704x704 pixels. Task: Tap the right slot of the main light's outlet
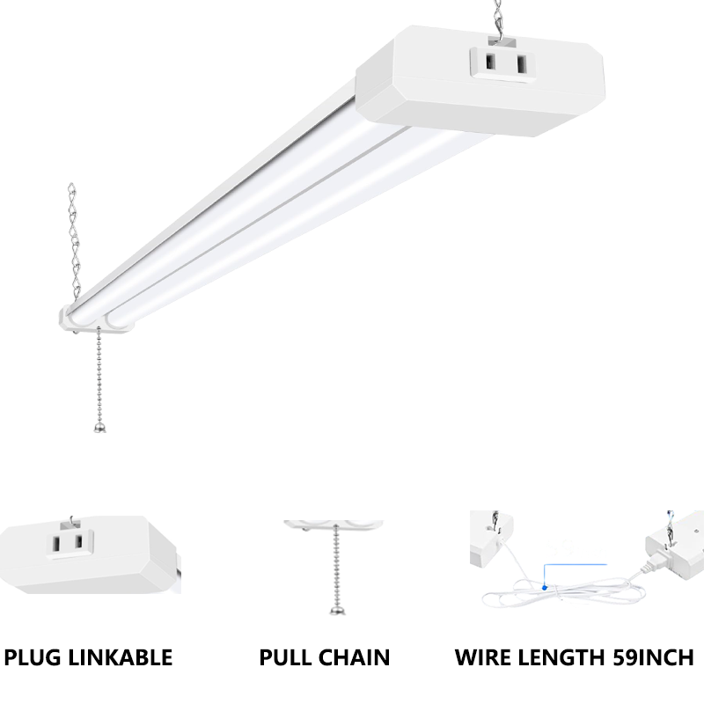tap(521, 64)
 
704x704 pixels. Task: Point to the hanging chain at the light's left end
tap(73, 238)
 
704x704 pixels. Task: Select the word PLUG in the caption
tap(39, 656)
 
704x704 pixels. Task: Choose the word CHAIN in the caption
tap(356, 656)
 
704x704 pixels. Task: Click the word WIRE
tap(484, 656)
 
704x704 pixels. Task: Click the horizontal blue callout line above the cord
tap(576, 563)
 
